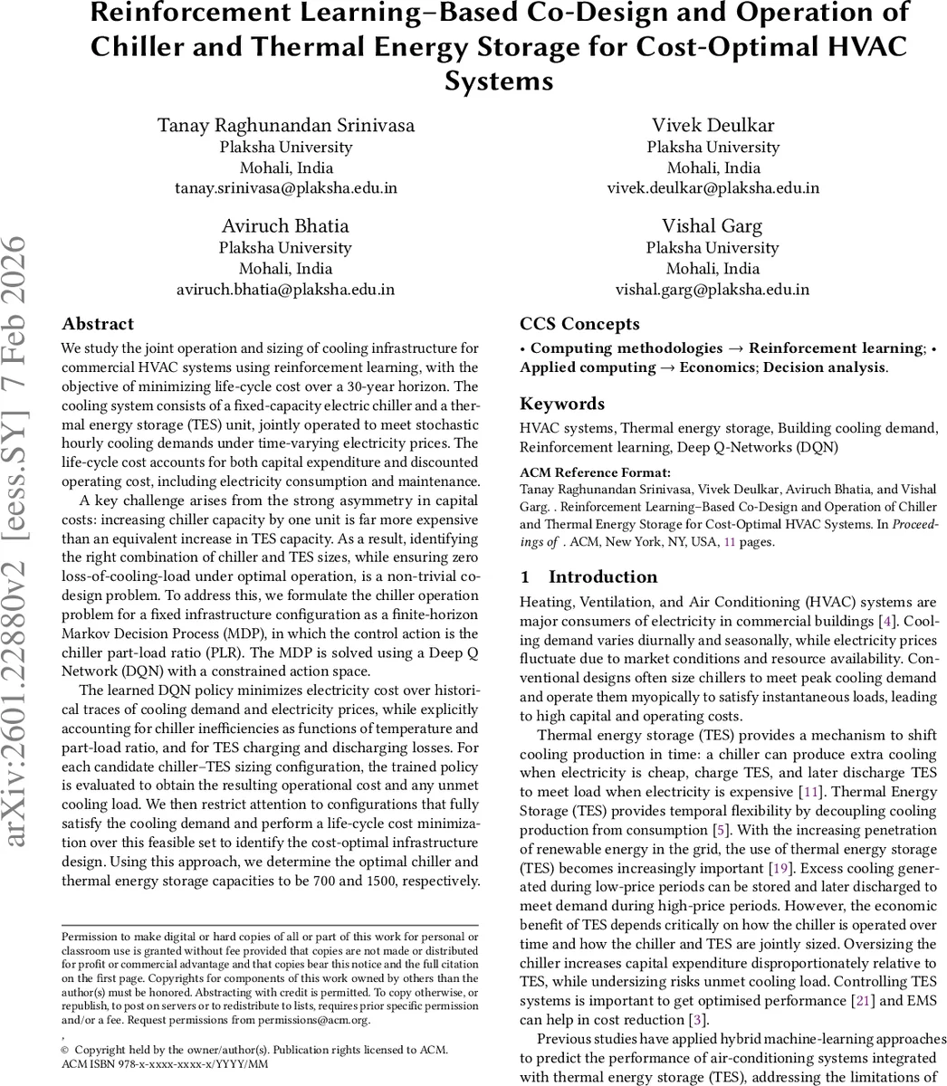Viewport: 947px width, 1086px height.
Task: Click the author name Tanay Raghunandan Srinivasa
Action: pyautogui.click(x=285, y=125)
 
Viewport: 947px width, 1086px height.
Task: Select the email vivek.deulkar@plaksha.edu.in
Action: pyautogui.click(x=713, y=188)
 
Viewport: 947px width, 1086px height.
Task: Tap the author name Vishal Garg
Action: pyautogui.click(x=713, y=226)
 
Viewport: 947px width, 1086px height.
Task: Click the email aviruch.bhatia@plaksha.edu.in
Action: pyautogui.click(x=285, y=290)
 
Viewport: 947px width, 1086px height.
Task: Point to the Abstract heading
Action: pyautogui.click(x=98, y=324)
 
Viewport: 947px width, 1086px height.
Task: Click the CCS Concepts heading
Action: pyautogui.click(x=579, y=324)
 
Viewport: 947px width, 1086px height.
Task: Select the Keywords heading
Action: pyautogui.click(x=562, y=404)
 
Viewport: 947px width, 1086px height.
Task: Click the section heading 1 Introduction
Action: pyautogui.click(x=589, y=576)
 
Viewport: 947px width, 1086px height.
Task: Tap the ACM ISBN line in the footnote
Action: pyautogui.click(x=164, y=1064)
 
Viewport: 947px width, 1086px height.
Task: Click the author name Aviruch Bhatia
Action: pyautogui.click(x=285, y=226)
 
